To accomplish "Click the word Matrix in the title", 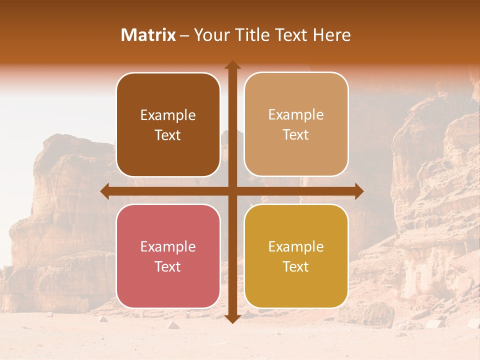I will (148, 35).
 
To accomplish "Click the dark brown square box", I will (168, 124).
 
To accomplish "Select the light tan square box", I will (296, 124).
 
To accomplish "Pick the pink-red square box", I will (168, 256).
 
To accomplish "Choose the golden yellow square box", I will (296, 256).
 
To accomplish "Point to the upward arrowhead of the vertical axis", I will (232, 65).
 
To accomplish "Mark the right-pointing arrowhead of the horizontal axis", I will (358, 191).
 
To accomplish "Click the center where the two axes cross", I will (232, 191).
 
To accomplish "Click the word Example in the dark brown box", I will (168, 115).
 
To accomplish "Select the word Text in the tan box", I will (296, 135).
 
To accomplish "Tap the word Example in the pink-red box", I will (168, 247).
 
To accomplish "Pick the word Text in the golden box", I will (296, 266).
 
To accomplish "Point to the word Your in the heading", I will (209, 35).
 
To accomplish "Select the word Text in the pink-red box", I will (168, 266).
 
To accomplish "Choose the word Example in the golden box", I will (296, 247).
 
